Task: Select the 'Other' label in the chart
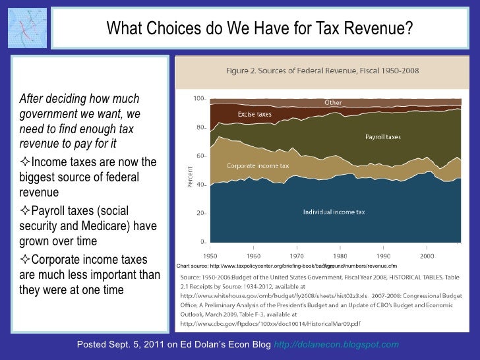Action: [333, 103]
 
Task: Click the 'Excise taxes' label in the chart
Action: [255, 115]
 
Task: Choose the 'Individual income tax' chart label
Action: [334, 212]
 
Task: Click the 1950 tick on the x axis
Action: [210, 255]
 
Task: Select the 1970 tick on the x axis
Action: [297, 255]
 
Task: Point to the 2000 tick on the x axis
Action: [427, 255]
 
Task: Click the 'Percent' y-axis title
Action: [191, 177]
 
